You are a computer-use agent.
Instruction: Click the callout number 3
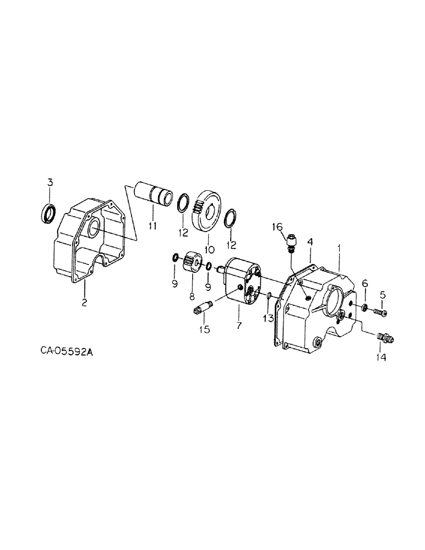[x=50, y=183]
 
